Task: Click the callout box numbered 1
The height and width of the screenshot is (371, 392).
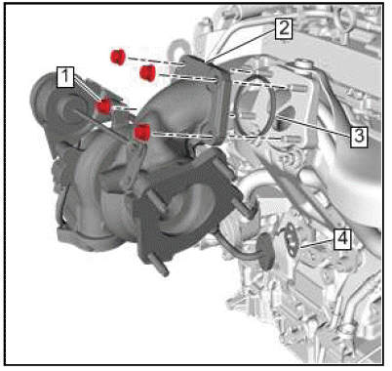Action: pos(65,77)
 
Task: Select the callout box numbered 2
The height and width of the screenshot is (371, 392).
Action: pos(284,28)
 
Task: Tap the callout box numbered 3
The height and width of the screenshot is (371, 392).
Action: pos(359,136)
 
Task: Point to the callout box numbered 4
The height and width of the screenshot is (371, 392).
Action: pos(342,239)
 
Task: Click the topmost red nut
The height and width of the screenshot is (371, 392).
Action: pos(119,57)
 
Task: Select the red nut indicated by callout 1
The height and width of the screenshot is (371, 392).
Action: pos(103,105)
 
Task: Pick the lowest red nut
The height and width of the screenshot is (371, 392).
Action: pos(142,132)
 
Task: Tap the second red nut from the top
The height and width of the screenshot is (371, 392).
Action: pos(147,72)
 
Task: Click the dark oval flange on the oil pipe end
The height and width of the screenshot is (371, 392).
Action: pos(266,251)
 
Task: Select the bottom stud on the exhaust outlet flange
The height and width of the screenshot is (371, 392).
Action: pos(160,266)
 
